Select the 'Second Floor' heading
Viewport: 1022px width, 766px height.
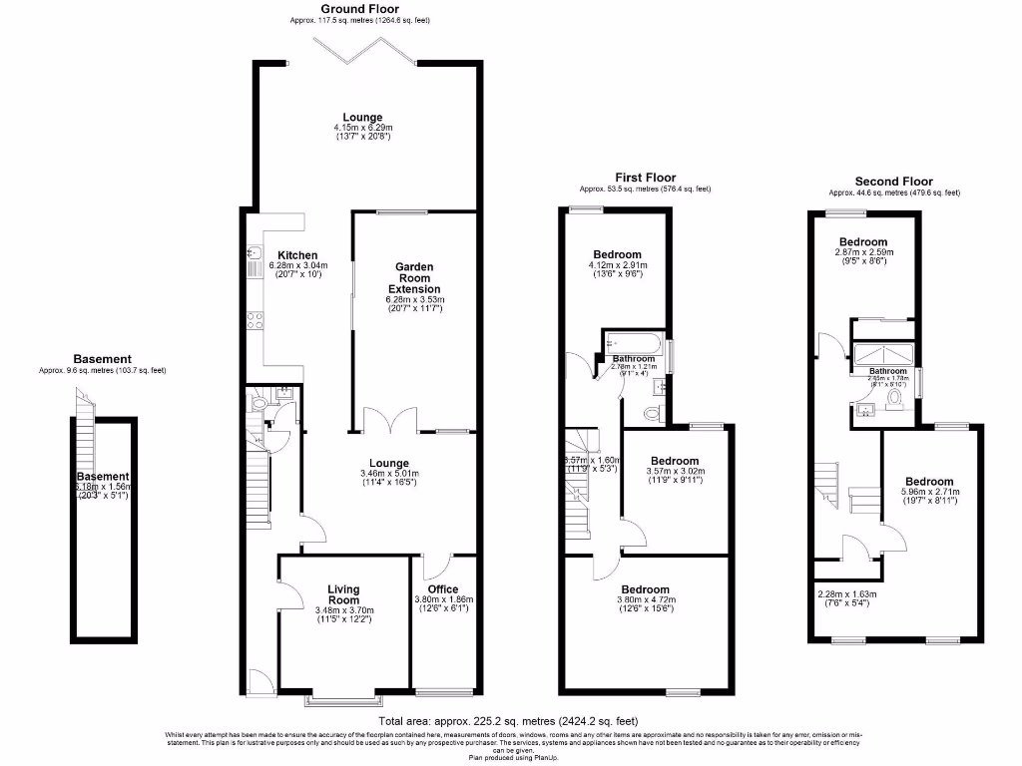(x=894, y=182)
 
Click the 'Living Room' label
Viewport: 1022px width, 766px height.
(x=343, y=594)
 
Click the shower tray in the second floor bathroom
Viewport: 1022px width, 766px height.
(x=881, y=354)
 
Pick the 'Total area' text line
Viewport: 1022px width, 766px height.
(x=508, y=720)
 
